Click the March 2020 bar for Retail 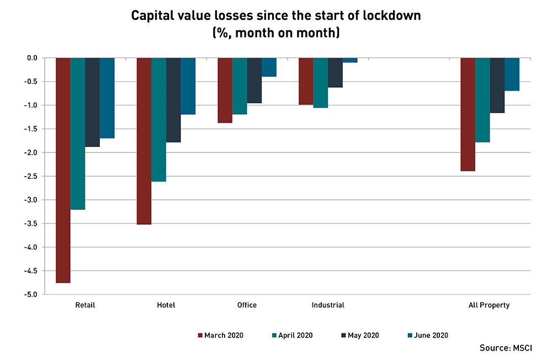[x=63, y=170]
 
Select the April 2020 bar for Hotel [x=158, y=119]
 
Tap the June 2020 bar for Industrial [x=350, y=60]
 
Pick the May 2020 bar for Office [x=254, y=81]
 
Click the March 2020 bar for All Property [x=468, y=114]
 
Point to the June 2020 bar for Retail [x=107, y=98]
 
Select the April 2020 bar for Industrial [x=320, y=83]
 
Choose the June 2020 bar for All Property [x=512, y=74]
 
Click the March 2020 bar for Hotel [x=144, y=141]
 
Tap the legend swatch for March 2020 [x=200, y=335]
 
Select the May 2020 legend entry [x=359, y=335]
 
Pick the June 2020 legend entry [x=427, y=335]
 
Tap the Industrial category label [x=327, y=305]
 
